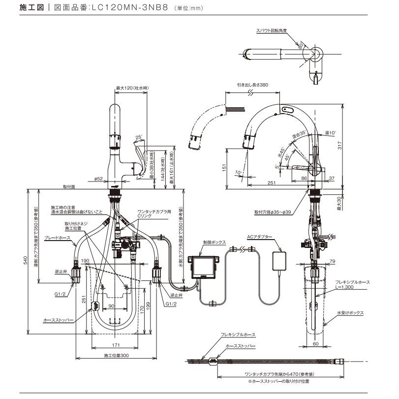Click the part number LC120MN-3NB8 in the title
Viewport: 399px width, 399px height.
coord(130,8)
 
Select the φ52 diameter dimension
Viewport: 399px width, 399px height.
coord(98,179)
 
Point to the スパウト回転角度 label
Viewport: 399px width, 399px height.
coord(271,31)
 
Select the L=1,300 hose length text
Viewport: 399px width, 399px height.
coord(352,287)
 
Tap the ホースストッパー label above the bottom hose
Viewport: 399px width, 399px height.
coord(239,346)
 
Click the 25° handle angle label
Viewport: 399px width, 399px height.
coord(139,137)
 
